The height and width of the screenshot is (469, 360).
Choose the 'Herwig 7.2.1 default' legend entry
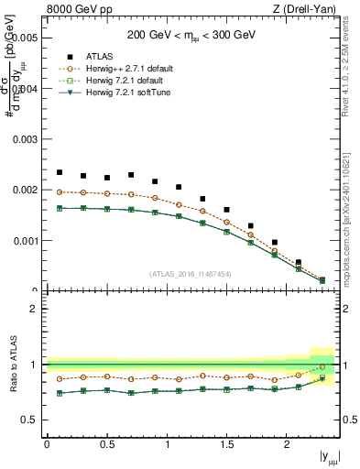pos(152,80)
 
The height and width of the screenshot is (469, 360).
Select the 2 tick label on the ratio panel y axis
pos(34,309)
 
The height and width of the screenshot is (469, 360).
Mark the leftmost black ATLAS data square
pos(60,172)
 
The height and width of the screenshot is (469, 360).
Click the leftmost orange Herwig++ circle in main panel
pos(60,192)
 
